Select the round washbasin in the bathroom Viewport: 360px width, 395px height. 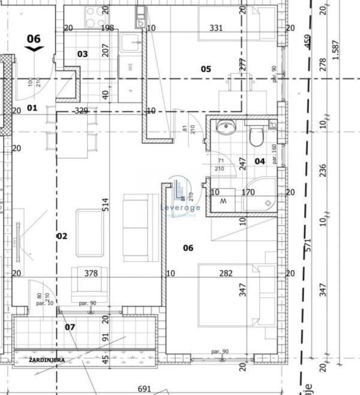coord(226,127)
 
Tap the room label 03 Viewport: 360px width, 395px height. coord(83,54)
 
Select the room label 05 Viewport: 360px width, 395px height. coord(206,69)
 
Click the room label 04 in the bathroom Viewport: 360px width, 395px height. coord(260,161)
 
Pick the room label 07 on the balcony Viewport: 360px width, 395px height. coord(70,327)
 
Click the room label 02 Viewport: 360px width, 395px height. coord(62,236)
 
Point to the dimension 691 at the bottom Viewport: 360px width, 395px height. coord(143,388)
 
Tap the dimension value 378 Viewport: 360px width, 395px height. coord(91,273)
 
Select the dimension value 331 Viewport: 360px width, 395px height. coord(217,28)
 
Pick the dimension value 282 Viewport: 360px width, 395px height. coord(226,273)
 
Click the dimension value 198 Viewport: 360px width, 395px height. coord(107,28)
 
